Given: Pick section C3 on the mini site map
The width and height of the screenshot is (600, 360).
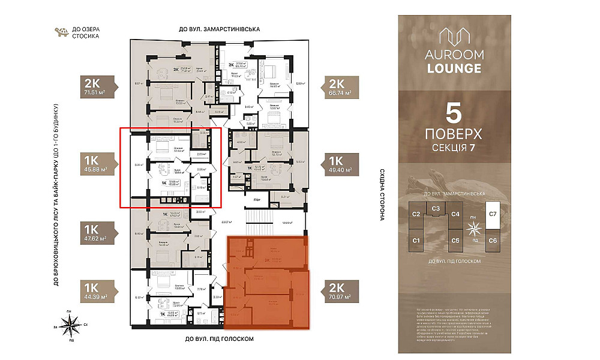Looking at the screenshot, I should pos(436,208).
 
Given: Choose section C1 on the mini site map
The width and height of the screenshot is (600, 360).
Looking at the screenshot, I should pos(416,240).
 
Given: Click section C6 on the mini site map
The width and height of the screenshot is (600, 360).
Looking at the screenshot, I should pos(493,240).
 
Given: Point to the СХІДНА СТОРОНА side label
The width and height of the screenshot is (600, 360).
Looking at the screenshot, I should pos(382,194).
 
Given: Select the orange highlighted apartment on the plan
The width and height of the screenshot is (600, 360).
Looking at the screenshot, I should pos(267,282).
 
